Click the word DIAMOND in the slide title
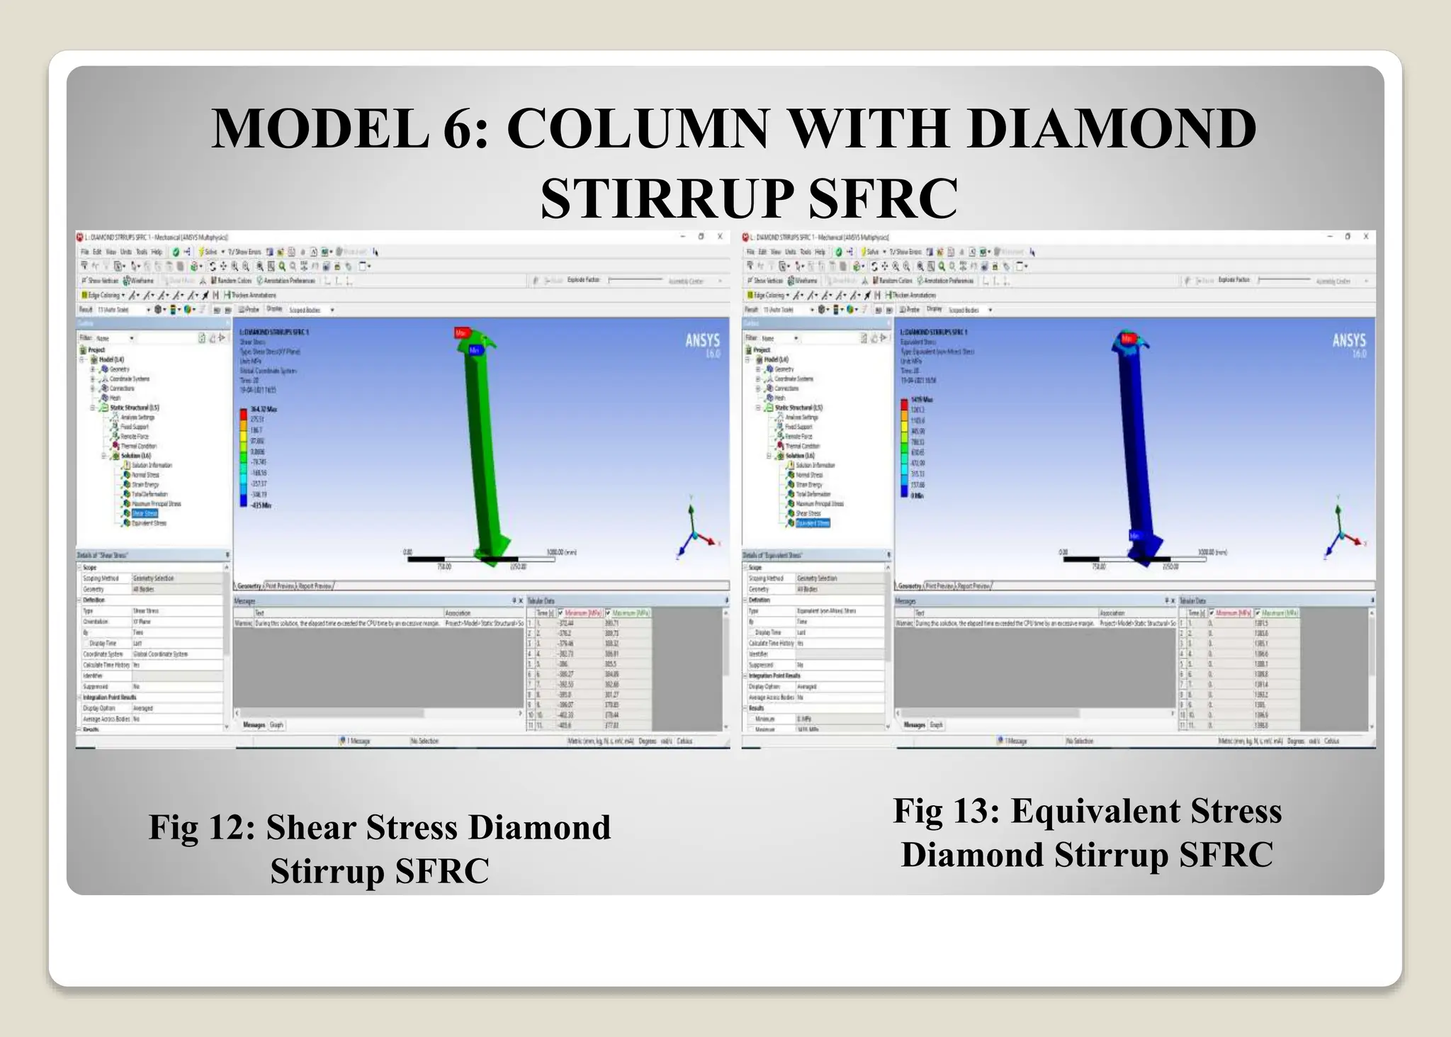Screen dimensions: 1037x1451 tap(1112, 129)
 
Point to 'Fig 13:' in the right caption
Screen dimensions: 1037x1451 tap(947, 811)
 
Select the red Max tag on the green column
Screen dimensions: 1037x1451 tap(462, 332)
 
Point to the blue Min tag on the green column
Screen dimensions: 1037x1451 tap(474, 350)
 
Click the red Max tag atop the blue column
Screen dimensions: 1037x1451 tap(1127, 339)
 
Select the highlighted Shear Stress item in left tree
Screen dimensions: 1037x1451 tap(145, 513)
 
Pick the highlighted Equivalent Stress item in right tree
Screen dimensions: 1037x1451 tap(812, 523)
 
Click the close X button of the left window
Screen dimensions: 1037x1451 tap(720, 237)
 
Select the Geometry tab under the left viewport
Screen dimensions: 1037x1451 tap(249, 586)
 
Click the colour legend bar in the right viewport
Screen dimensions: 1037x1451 tap(904, 447)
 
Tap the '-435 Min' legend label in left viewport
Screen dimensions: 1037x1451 tap(261, 505)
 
